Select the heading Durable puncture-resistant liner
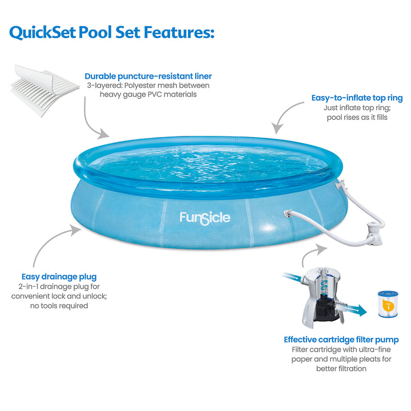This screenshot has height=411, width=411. [148, 76]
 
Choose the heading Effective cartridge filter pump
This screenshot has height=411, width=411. [341, 340]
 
